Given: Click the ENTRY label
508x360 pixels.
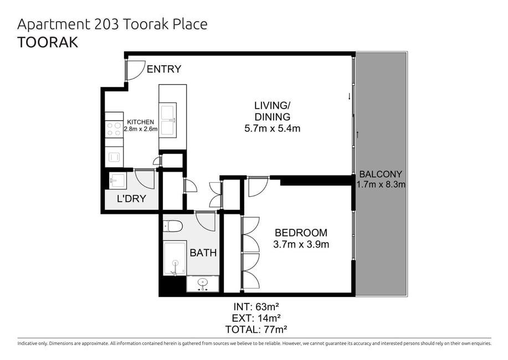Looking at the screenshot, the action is [x=164, y=69].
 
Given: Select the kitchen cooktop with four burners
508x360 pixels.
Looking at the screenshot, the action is [x=114, y=129].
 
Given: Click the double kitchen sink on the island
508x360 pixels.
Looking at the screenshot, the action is [x=168, y=120].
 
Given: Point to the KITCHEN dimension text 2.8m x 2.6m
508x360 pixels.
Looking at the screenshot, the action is [x=141, y=129].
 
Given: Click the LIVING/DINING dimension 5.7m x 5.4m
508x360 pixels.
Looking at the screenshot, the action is [x=272, y=128].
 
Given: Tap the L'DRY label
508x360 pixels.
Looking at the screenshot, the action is [x=131, y=198].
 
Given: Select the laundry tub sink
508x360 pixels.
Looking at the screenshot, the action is [x=117, y=180].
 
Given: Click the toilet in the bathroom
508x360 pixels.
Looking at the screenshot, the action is [x=172, y=226].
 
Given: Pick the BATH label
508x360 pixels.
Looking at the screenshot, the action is [x=203, y=253].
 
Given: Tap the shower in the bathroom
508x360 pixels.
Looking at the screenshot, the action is [x=175, y=258].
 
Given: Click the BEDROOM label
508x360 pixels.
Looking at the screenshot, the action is [x=301, y=233].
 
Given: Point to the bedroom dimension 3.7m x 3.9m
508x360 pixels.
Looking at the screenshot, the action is [x=301, y=244].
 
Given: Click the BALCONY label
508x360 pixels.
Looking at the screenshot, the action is [x=381, y=174].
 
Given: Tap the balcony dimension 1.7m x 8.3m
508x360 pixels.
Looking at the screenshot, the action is [x=381, y=184].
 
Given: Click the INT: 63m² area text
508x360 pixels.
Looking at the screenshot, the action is [x=256, y=306].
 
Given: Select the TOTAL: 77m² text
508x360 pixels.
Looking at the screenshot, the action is [x=256, y=330].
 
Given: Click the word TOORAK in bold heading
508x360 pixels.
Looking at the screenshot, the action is [x=48, y=43].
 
